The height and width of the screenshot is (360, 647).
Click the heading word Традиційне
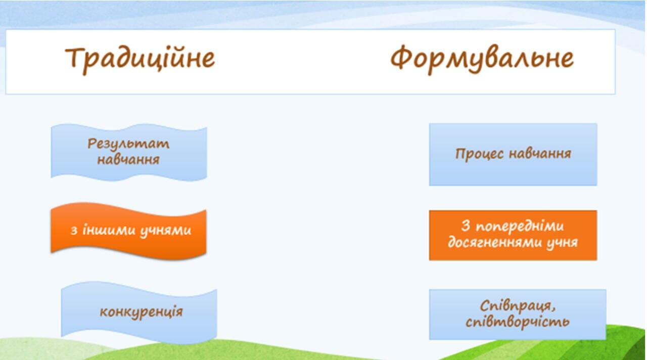(140, 60)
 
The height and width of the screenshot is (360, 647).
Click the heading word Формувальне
(482, 59)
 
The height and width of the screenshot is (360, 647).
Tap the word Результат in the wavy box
(128, 144)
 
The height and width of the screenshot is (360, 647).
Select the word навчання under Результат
(128, 159)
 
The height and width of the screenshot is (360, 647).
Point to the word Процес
(480, 154)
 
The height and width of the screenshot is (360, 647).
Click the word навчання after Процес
(540, 153)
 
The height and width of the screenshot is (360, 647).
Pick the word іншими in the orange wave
(109, 230)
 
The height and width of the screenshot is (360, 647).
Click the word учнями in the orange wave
(165, 231)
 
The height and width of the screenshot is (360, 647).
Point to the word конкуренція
(141, 312)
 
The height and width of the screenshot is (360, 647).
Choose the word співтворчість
(517, 322)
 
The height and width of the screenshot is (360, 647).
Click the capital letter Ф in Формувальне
(401, 58)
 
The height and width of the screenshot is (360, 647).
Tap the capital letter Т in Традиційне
(75, 57)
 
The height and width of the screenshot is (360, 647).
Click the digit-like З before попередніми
(466, 226)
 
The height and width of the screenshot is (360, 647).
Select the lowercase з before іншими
(74, 231)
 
